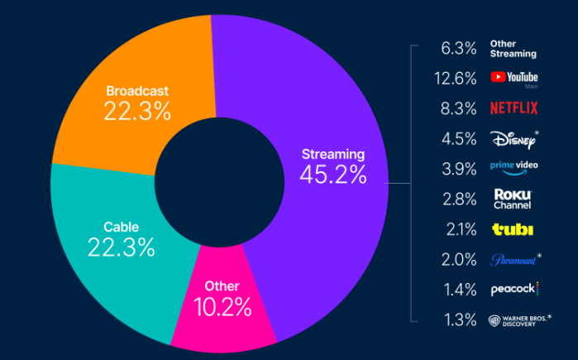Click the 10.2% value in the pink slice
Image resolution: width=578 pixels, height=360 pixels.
click(222, 308)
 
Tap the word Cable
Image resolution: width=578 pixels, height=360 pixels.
click(121, 226)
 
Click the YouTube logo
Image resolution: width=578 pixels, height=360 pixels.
click(514, 78)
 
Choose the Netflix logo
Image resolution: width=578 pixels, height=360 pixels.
click(514, 108)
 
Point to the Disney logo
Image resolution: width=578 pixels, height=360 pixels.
click(513, 137)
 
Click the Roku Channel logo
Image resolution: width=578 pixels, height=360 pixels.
click(512, 198)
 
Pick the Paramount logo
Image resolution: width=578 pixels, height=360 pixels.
click(514, 258)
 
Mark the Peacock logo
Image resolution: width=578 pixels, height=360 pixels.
click(514, 289)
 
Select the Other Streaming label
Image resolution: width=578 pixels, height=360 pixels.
click(513, 48)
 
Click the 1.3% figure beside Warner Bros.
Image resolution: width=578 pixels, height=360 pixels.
click(459, 319)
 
